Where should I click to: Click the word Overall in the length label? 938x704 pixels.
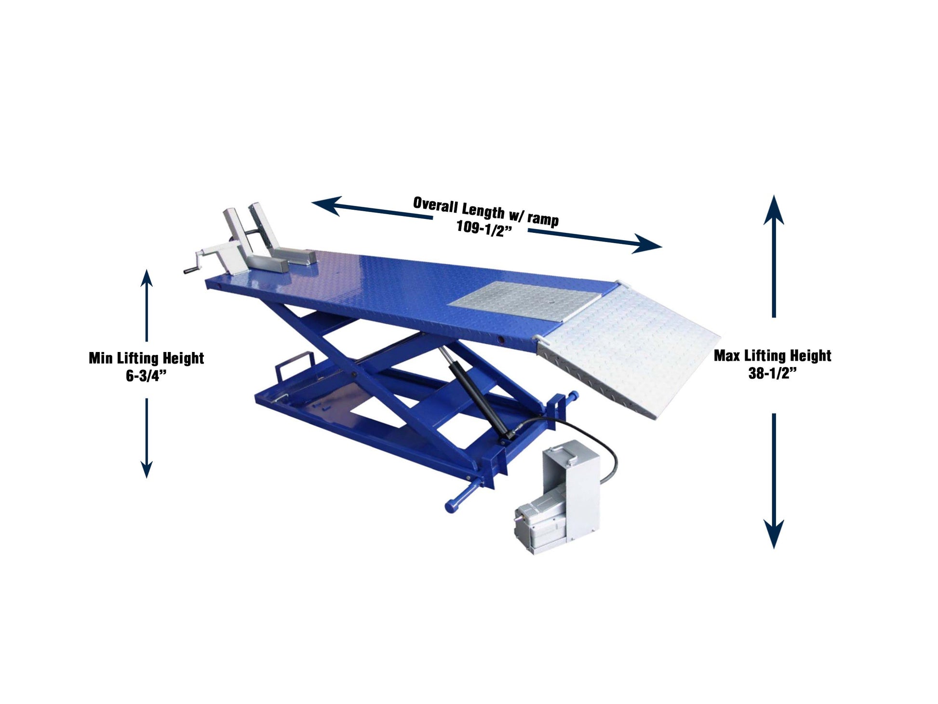click(x=435, y=204)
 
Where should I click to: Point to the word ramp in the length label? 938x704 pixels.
click(x=543, y=219)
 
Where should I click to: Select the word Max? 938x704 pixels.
click(x=727, y=356)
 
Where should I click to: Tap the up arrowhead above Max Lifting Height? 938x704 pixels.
click(x=774, y=210)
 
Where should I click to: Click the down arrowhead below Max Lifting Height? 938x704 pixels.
click(x=774, y=534)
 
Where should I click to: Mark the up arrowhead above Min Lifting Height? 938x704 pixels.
click(x=147, y=278)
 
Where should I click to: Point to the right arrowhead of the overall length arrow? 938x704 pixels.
click(x=647, y=244)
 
